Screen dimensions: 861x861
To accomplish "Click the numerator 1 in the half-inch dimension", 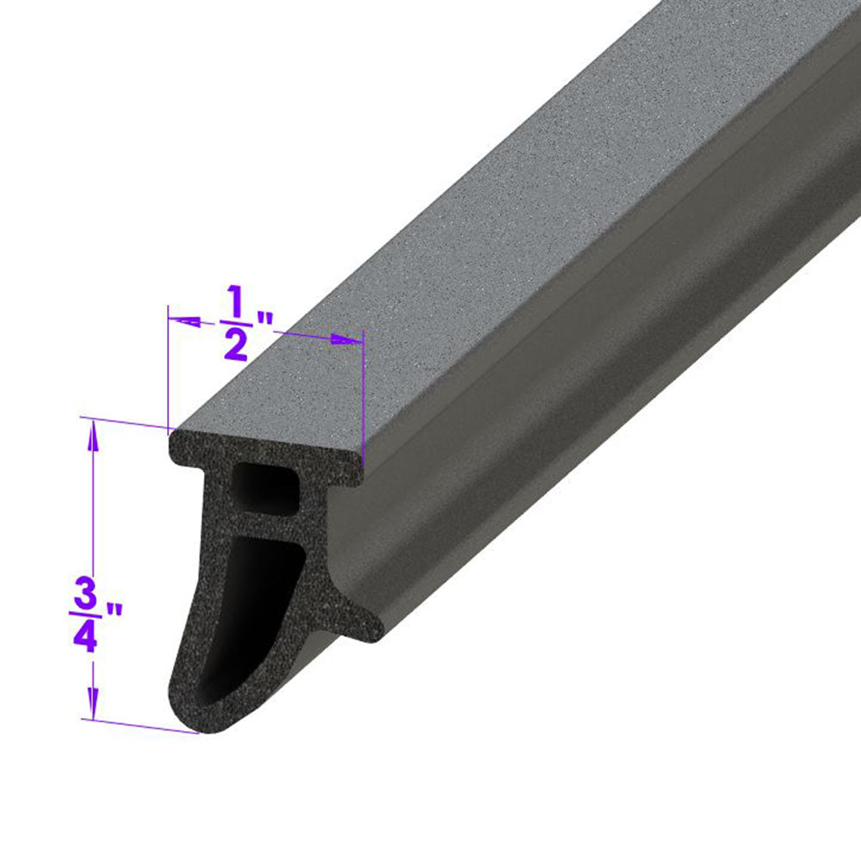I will (234, 302).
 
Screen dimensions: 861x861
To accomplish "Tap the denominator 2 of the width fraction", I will (235, 345).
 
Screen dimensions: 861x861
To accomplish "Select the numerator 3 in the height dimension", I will (85, 594).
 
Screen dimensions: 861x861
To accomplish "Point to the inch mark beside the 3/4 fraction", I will (112, 613).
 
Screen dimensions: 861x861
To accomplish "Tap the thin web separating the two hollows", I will (267, 521).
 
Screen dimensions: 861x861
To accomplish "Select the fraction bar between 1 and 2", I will (234, 324).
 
